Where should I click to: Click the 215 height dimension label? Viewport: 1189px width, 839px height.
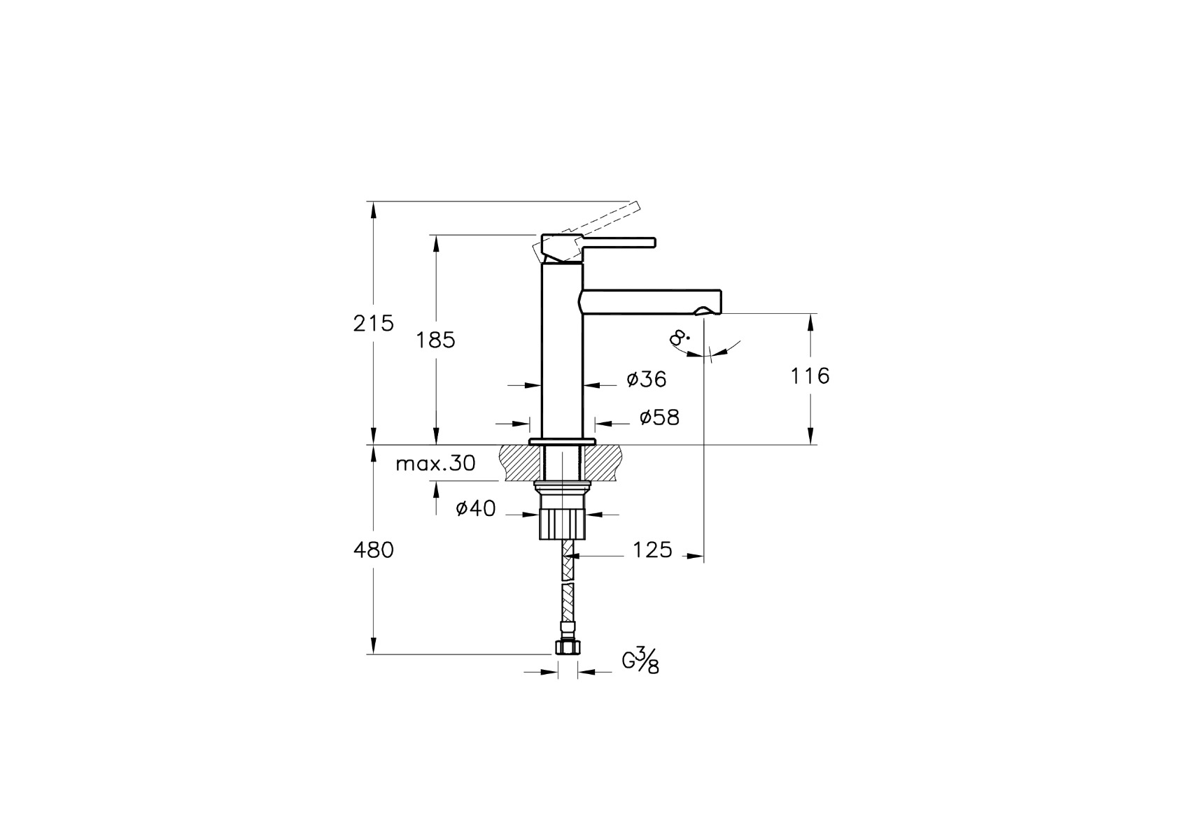374,323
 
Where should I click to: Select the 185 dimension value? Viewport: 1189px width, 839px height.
435,340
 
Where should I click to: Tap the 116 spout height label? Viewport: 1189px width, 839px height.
810,376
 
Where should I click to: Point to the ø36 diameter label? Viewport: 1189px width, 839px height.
647,379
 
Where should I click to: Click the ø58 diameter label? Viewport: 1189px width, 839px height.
660,417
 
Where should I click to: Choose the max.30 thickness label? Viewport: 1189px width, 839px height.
436,464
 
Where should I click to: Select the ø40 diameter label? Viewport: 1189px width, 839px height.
476,508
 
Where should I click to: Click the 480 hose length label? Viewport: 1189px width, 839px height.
374,550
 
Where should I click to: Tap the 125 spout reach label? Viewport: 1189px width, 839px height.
652,550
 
